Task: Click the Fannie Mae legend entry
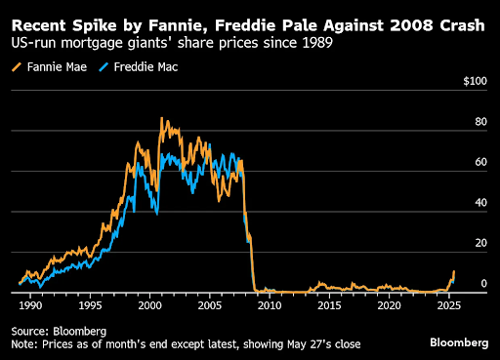[x=47, y=67]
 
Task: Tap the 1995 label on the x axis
[x=90, y=305]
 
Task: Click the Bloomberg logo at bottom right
[x=459, y=342]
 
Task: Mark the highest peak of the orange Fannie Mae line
[x=162, y=118]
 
